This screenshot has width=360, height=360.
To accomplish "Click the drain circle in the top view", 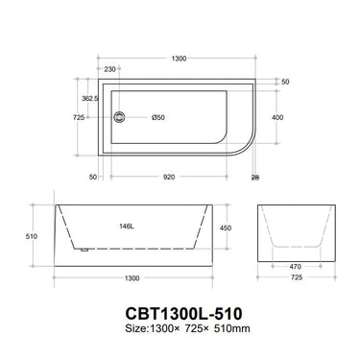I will click(x=119, y=117).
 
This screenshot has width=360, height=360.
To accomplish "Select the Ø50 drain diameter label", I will click(x=158, y=117).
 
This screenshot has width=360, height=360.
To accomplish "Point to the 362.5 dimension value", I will click(x=92, y=98).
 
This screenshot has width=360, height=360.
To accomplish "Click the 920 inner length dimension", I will click(x=169, y=178).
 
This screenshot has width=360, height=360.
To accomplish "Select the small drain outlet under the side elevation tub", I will click(x=84, y=252).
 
